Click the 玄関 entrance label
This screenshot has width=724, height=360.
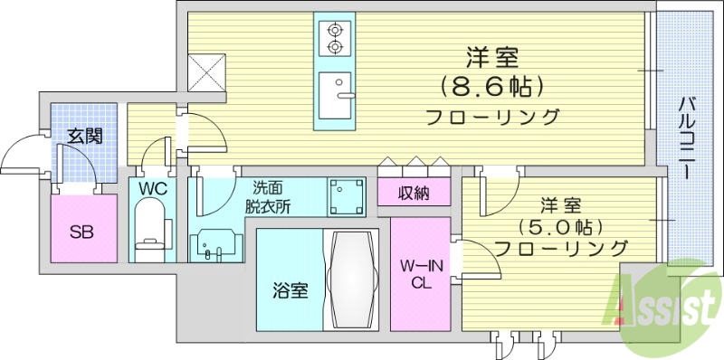tap(84, 137)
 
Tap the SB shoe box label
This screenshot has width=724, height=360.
tap(81, 229)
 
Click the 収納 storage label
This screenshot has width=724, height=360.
tap(414, 193)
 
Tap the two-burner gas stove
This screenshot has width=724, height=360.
tap(335, 37)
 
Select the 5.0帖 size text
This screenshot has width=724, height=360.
tap(562, 225)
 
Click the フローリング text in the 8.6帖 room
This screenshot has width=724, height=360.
tap(491, 117)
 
